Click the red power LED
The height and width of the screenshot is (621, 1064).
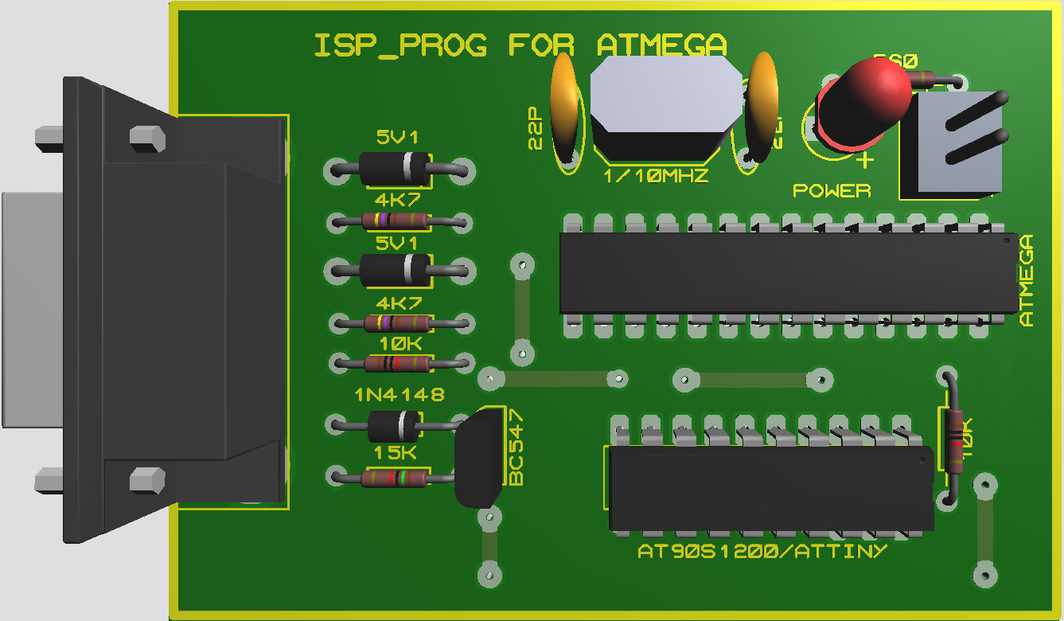pos(863,100)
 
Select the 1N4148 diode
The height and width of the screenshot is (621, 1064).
pos(395,426)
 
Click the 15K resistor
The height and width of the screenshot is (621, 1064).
pos(395,478)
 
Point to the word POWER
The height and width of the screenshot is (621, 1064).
pos(832,191)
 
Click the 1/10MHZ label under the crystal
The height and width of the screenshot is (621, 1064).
pos(656,177)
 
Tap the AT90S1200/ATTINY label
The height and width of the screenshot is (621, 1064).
pos(762,551)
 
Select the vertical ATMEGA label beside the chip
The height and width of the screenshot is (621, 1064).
pos(1027,280)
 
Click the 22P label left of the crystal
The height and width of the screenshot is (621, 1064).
pos(535,127)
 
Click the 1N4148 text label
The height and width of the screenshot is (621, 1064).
pos(399,395)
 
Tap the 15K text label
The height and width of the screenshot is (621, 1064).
pos(396,453)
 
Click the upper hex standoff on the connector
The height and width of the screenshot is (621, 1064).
pos(147,138)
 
